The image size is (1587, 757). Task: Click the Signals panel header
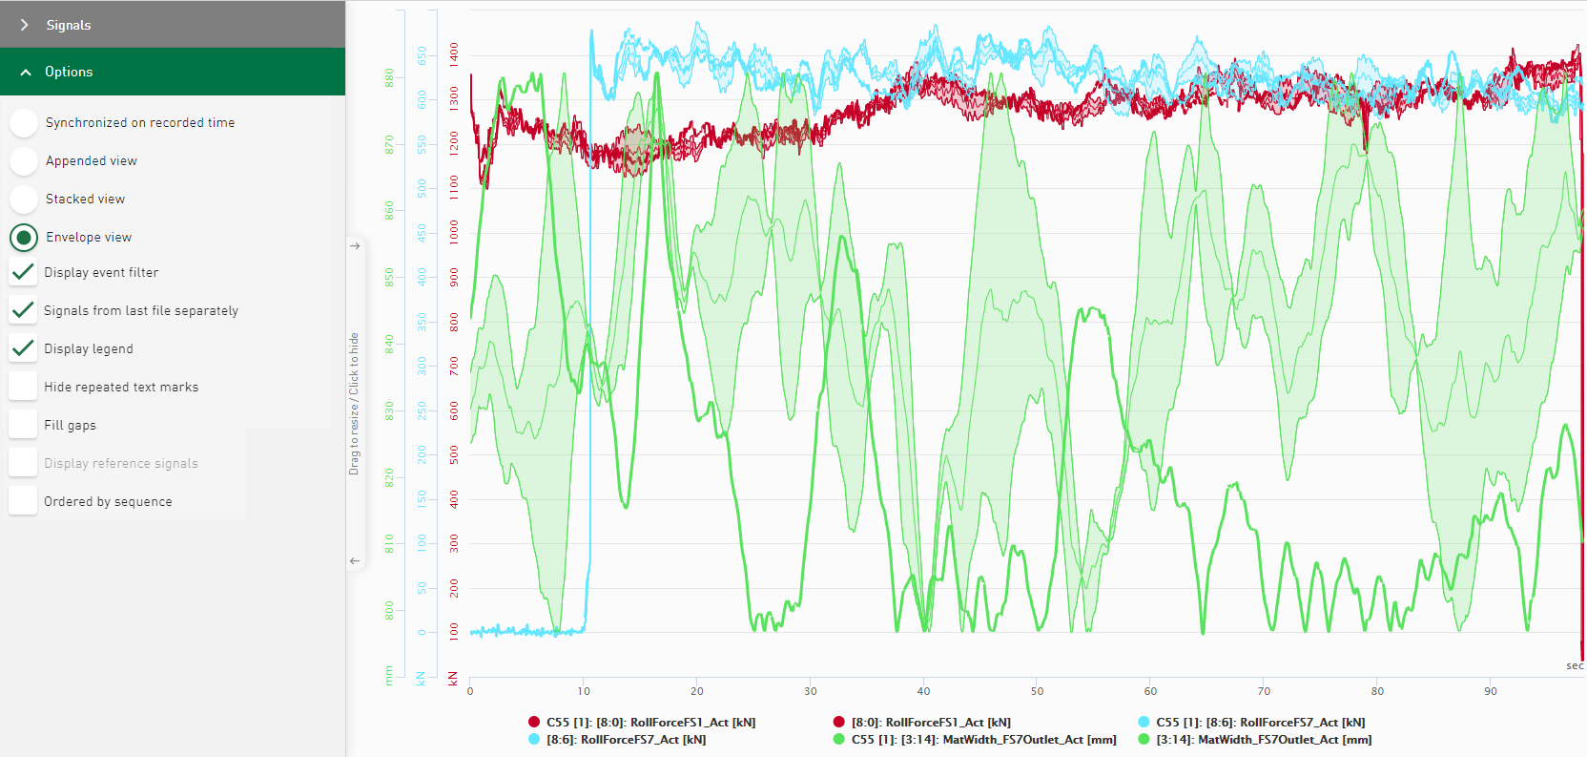(69, 25)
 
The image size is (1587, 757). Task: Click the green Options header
(69, 72)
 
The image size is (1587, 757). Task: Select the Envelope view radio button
(24, 238)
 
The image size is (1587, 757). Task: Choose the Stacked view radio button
(24, 200)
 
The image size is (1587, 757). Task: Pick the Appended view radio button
(24, 161)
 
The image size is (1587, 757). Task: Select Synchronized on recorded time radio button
(24, 123)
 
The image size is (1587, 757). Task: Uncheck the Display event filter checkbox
(23, 272)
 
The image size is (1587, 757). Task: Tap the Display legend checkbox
(23, 348)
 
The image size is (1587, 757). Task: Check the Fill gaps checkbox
(23, 425)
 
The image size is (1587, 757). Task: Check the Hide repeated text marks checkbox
(23, 387)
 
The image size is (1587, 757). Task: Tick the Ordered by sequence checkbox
(23, 501)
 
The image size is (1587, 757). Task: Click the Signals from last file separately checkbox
(23, 310)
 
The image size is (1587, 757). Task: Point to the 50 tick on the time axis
(1037, 691)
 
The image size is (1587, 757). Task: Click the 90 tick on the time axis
(1491, 691)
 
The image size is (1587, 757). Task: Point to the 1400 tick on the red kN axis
(454, 53)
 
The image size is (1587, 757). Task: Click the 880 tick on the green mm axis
(389, 77)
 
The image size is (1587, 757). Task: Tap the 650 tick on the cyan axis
(422, 55)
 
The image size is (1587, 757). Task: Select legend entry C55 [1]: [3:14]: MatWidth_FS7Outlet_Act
(983, 740)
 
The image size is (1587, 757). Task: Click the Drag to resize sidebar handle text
(354, 403)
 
